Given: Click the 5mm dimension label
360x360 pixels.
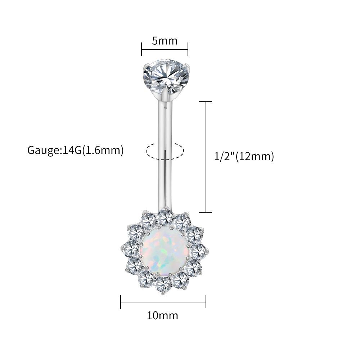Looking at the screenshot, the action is click(165, 41).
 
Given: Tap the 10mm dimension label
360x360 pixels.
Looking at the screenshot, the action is click(163, 316).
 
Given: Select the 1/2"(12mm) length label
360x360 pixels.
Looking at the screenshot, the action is click(244, 157).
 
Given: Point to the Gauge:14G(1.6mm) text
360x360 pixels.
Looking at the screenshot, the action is click(76, 150).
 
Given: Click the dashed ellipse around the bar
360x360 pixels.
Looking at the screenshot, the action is click(165, 151).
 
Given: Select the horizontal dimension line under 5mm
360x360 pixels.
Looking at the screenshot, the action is click(165, 49).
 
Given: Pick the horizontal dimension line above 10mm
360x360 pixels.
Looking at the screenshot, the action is click(163, 302).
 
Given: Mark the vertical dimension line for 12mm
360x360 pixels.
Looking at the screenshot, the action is click(206, 157).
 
